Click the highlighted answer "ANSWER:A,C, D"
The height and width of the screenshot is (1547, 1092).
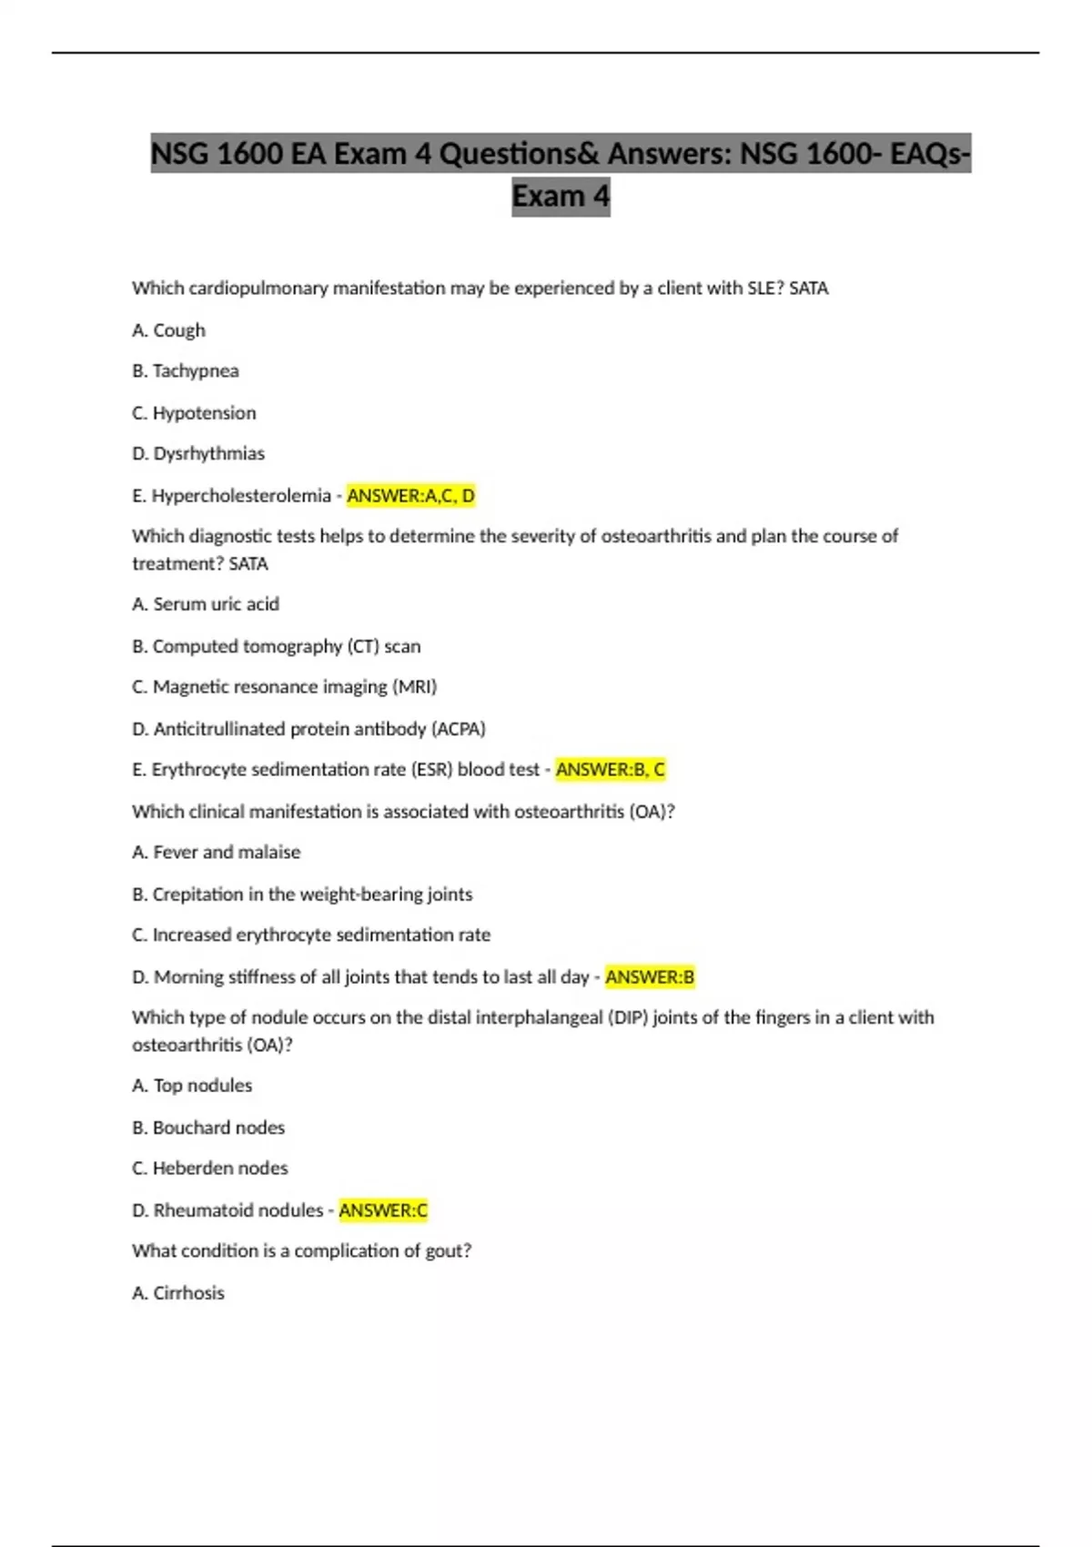410,496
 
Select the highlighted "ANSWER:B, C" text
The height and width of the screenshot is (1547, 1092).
610,770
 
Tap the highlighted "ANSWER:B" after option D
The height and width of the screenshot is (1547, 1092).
650,977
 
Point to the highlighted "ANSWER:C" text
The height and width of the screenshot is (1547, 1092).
383,1210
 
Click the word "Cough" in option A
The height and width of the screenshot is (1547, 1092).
179,330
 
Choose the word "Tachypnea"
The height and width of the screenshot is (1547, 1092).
196,371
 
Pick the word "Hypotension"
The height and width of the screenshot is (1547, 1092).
204,413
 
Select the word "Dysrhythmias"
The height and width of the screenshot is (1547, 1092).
209,454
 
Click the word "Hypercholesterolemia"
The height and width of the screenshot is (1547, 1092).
241,496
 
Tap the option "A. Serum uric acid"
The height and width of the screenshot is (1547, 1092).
206,604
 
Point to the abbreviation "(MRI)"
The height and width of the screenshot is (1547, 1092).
415,687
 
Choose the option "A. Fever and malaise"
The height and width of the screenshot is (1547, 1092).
217,853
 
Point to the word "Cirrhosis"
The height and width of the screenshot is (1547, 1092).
188,1293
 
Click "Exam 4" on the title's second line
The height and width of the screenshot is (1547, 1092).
561,197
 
